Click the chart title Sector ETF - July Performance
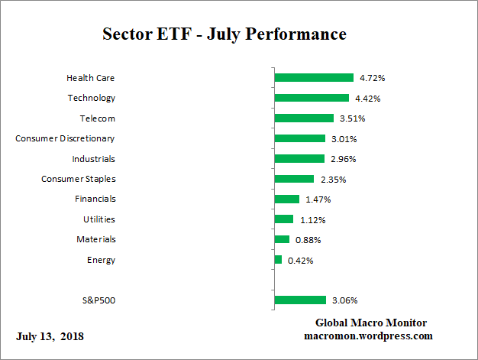224,34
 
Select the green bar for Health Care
314,78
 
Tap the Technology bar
312,98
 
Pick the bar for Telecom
304,118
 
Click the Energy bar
278,260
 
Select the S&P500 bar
300,300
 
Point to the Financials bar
287,199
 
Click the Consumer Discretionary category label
65,138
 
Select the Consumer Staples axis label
78,179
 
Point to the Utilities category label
99,219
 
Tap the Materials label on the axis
97,239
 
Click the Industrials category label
93,159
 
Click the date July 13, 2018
50,336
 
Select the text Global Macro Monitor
371,323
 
